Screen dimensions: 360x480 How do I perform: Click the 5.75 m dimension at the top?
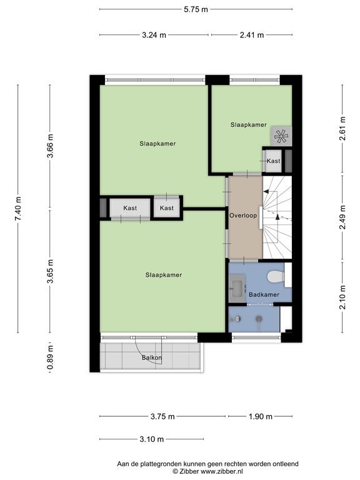196,9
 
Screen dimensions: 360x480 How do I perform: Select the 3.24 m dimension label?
154,35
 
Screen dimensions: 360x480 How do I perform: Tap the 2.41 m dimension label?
252,35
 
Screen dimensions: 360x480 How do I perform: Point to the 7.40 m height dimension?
19,209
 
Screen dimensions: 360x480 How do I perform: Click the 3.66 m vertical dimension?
50,146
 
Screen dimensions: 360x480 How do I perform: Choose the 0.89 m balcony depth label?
50,357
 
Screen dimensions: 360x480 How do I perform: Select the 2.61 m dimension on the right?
342,128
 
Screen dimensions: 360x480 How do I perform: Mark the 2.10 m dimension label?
342,297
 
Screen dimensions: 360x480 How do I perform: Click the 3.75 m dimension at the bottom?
162,416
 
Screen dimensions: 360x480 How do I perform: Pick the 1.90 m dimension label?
260,416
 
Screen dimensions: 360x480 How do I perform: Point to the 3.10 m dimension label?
151,439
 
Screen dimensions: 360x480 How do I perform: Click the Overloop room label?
243,216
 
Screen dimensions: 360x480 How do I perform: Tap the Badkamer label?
264,295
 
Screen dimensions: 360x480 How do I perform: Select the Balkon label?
152,357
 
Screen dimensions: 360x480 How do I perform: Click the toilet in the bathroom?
276,277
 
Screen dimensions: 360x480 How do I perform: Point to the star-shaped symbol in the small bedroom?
281,136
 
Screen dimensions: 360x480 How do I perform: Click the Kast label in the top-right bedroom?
273,161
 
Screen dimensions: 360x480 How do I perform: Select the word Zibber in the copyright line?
188,472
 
